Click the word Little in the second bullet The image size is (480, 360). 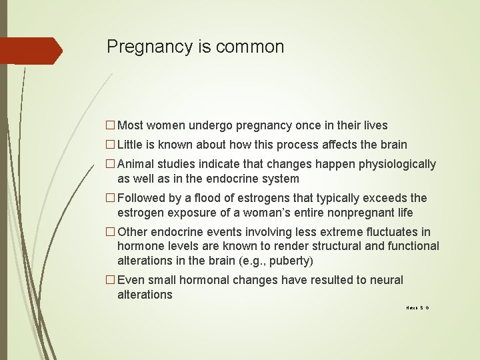131,145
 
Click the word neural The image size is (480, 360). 386,280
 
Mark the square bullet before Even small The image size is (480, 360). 111,280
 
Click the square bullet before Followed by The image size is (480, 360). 111,198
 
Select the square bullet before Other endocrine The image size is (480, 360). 111,232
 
